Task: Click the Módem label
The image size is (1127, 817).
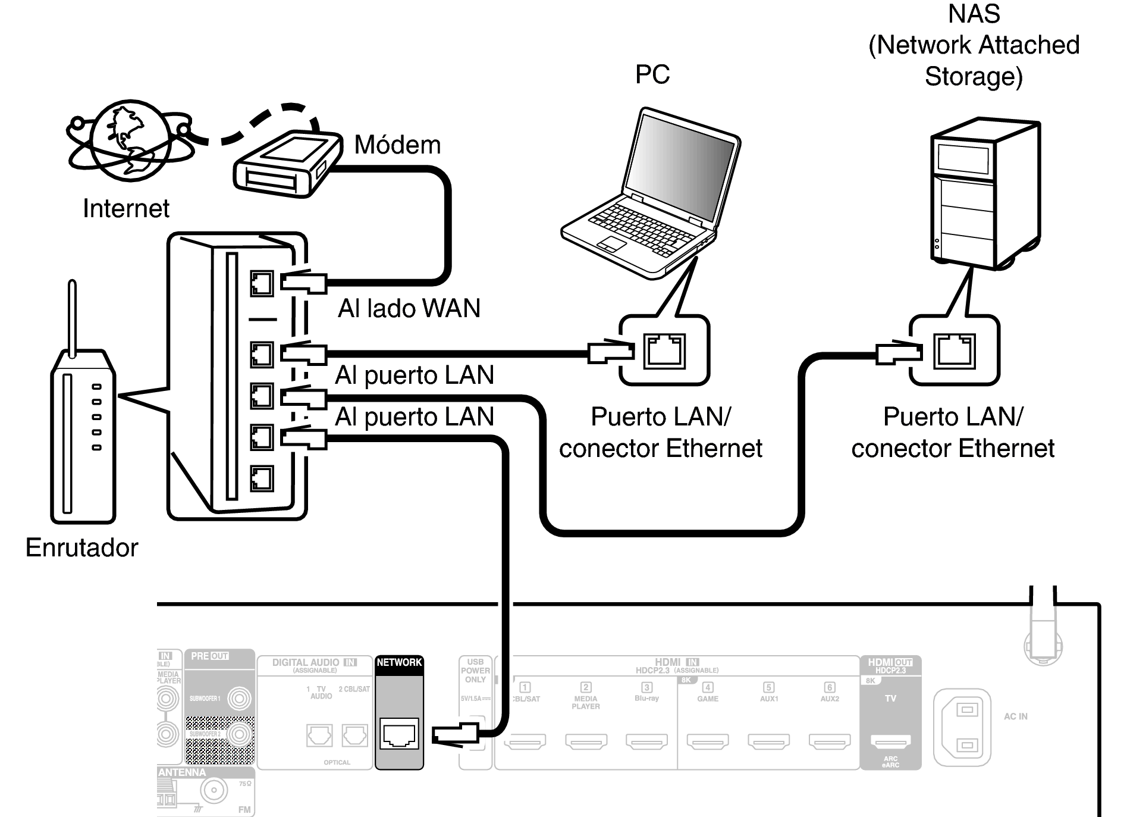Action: point(397,145)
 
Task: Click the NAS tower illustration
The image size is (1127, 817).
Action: point(984,193)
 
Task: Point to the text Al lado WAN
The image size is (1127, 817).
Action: point(409,308)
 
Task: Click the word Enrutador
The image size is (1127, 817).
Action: point(81,547)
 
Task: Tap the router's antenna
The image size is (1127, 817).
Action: point(73,318)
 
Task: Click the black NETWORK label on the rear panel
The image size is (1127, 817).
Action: point(399,663)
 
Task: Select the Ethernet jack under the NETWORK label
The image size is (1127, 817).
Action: point(399,734)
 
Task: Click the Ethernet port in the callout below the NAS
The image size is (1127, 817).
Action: point(955,350)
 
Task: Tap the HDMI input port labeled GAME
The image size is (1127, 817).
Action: point(708,741)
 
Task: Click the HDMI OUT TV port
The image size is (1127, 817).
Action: point(890,741)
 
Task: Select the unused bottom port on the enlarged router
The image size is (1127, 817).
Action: point(261,478)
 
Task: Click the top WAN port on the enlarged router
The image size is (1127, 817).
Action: point(261,283)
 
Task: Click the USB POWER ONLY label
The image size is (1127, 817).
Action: point(475,671)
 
